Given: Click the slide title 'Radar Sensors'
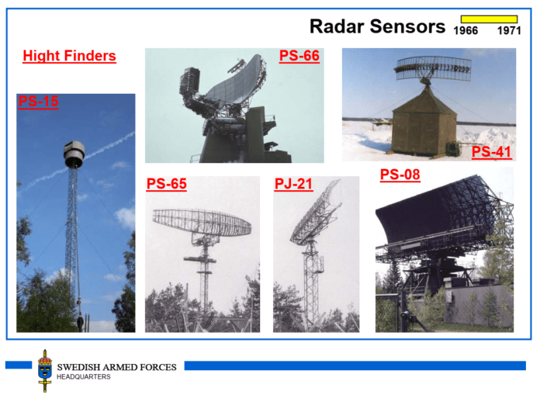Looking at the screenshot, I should pos(377,26).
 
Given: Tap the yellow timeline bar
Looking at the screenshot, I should pos(489,19).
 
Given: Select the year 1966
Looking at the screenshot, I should pos(466,31).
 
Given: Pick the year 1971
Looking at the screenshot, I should pos(509,31).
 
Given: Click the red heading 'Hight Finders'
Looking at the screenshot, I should pos(69,56).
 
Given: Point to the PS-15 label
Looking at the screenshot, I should pos(38,102).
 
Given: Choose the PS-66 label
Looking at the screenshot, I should pos(299,56).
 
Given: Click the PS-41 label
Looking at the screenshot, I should pos(492,152).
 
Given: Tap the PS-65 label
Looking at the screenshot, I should pos(166,185).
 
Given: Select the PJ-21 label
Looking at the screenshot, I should pos(294,185).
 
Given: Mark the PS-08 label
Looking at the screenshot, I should pos(400,175).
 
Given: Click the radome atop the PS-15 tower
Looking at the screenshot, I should pos(74,154).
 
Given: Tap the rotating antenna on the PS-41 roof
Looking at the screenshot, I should pos(433,68).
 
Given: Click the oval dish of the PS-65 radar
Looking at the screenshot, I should pos(202,223).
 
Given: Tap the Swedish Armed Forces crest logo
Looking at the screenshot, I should pos(45,370).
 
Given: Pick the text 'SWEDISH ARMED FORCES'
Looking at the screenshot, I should pos(116,367).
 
